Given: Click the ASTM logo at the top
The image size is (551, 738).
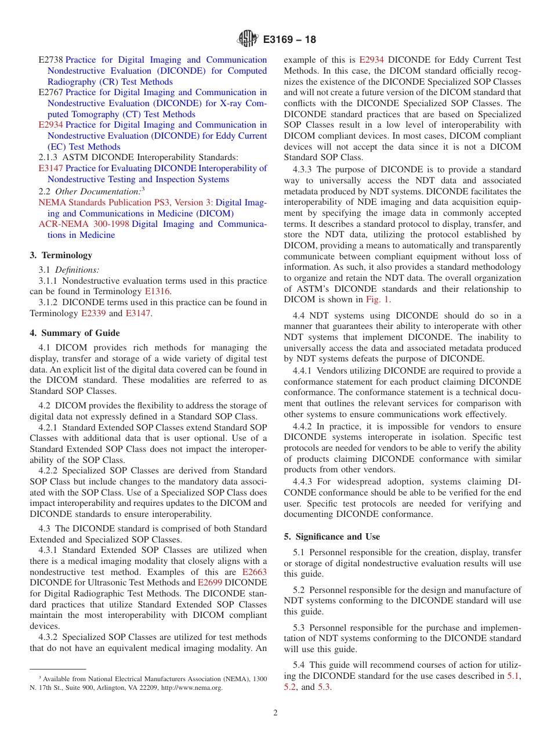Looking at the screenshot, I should coord(248,39).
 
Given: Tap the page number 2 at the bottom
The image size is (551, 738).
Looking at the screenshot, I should coord(275,712).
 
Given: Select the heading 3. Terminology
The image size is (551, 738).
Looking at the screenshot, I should coord(61,255).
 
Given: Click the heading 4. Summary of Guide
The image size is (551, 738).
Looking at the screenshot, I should coord(75,333).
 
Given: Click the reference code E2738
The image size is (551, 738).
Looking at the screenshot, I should coord(50,60).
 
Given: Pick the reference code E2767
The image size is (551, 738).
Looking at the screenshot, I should coord(50,92).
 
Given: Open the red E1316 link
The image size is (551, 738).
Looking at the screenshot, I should coord(157,292).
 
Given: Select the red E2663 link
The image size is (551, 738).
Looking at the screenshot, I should coord(254,572).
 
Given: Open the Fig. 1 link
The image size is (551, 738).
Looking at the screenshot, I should coord(378,299).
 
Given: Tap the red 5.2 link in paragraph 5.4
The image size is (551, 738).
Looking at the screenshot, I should coord(290,687).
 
